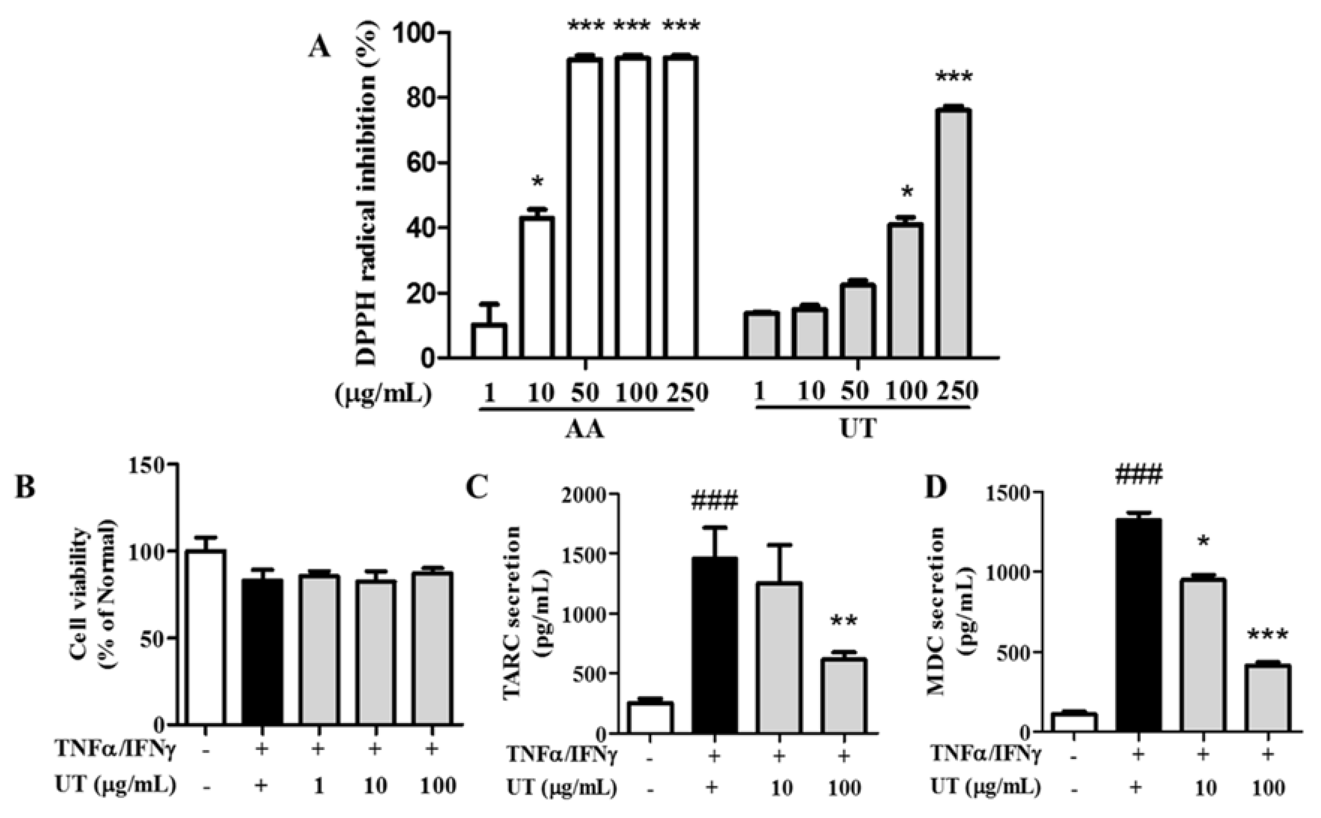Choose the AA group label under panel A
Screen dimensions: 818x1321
pyautogui.click(x=586, y=430)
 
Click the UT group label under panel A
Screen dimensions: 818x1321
pyautogui.click(x=858, y=430)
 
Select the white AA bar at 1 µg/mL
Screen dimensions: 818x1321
pyautogui.click(x=489, y=341)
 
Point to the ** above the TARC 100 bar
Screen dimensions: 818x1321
pyautogui.click(x=843, y=622)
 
